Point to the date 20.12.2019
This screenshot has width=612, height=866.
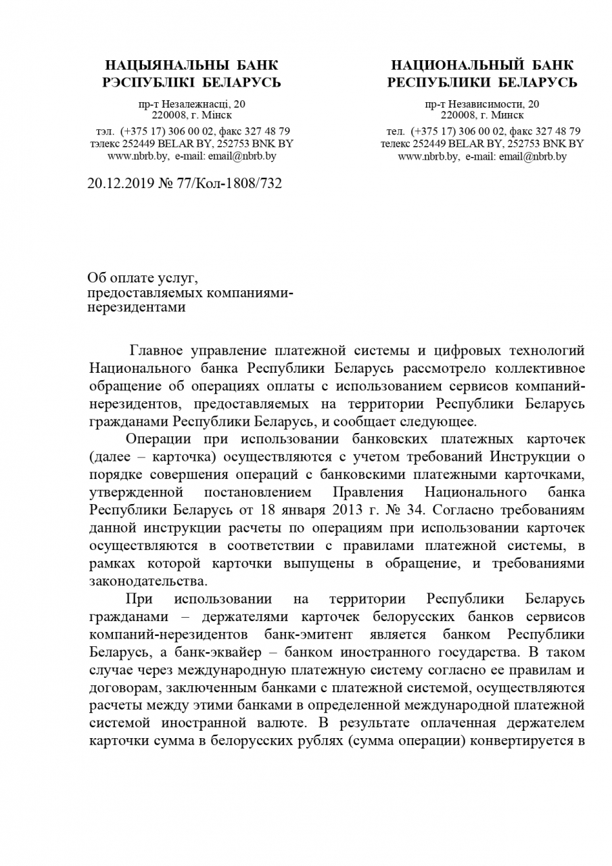120,183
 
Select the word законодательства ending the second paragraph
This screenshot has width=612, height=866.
147,580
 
